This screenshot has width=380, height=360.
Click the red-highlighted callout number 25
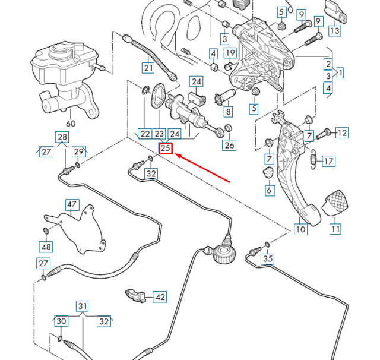[x=166, y=149]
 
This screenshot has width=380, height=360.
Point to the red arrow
[x=204, y=169]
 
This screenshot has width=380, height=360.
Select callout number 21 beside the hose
[x=148, y=68]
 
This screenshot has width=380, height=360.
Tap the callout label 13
[x=334, y=31]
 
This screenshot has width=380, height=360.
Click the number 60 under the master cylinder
[x=71, y=124]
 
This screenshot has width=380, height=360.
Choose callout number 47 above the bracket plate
[x=72, y=205]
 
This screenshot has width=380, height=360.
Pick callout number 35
[x=268, y=258]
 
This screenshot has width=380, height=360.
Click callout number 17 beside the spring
[x=328, y=161]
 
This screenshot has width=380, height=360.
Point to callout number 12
[x=341, y=133]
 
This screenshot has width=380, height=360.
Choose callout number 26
[x=229, y=145]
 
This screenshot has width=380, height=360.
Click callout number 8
[x=228, y=110]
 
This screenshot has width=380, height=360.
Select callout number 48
[x=46, y=247]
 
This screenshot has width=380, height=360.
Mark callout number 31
[x=82, y=307]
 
